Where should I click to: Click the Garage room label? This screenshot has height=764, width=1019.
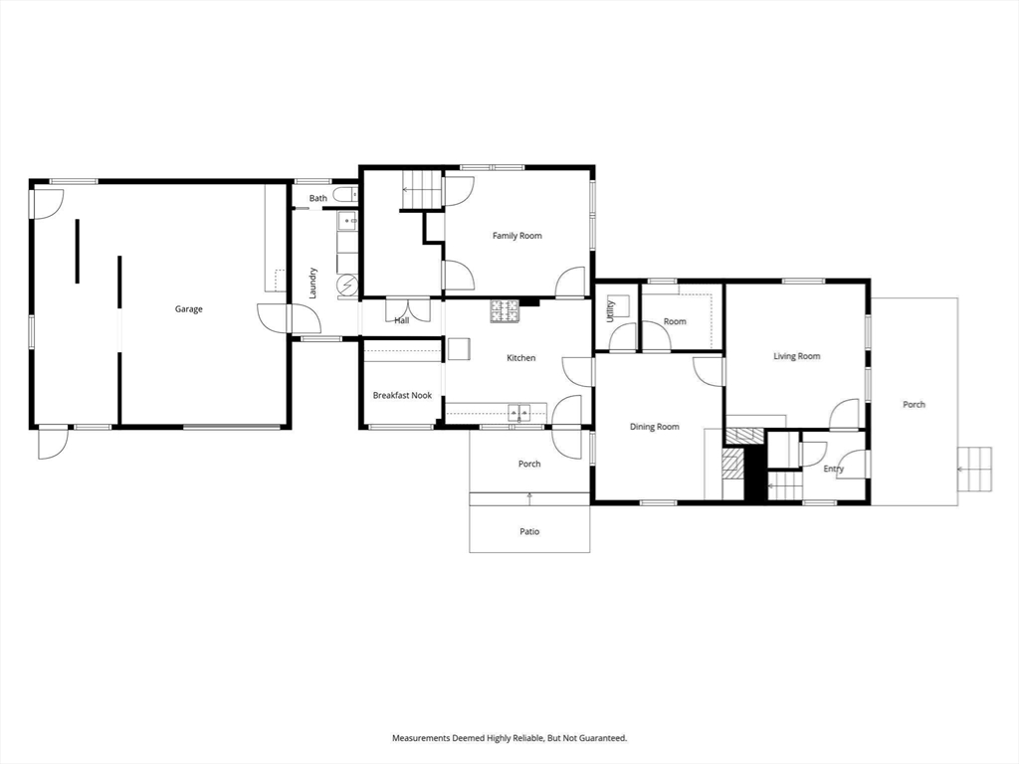point(188,309)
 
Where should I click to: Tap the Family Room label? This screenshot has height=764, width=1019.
point(516,236)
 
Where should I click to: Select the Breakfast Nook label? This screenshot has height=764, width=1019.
point(402,395)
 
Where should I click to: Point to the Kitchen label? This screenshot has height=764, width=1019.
point(521,358)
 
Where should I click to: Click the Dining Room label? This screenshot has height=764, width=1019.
point(655,427)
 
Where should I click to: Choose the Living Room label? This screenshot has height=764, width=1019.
point(797,356)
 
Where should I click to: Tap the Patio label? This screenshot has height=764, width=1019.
point(529,531)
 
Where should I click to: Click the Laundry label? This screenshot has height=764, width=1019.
point(312,284)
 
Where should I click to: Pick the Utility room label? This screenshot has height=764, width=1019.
point(610,311)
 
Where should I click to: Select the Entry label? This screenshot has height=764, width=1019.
point(833,469)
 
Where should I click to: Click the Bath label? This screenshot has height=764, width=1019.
point(317,198)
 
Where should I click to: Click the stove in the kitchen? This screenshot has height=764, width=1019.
point(505,311)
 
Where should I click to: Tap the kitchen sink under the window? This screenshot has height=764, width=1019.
point(519,412)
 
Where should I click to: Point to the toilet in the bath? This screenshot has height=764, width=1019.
point(345,194)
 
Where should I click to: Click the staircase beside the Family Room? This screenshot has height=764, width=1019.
point(421,190)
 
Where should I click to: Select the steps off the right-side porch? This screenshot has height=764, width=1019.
point(975,470)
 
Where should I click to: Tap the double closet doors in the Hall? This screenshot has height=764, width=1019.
point(408,309)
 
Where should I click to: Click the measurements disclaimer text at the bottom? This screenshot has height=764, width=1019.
point(509,738)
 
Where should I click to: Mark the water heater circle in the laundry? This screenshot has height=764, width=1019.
point(347,286)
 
